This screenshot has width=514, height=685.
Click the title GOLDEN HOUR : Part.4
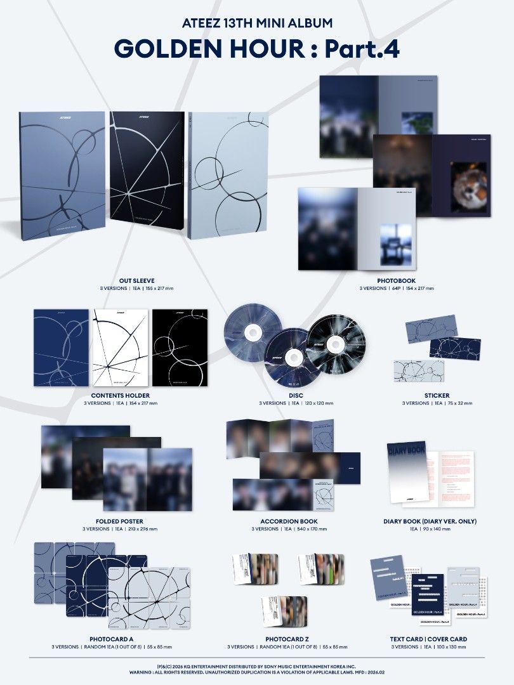pyautogui.click(x=257, y=49)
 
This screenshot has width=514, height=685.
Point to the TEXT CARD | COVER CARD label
pyautogui.click(x=428, y=639)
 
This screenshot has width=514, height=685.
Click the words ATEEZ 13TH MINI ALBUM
pyautogui.click(x=257, y=23)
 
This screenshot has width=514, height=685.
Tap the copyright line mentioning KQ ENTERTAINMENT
pyautogui.click(x=257, y=666)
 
